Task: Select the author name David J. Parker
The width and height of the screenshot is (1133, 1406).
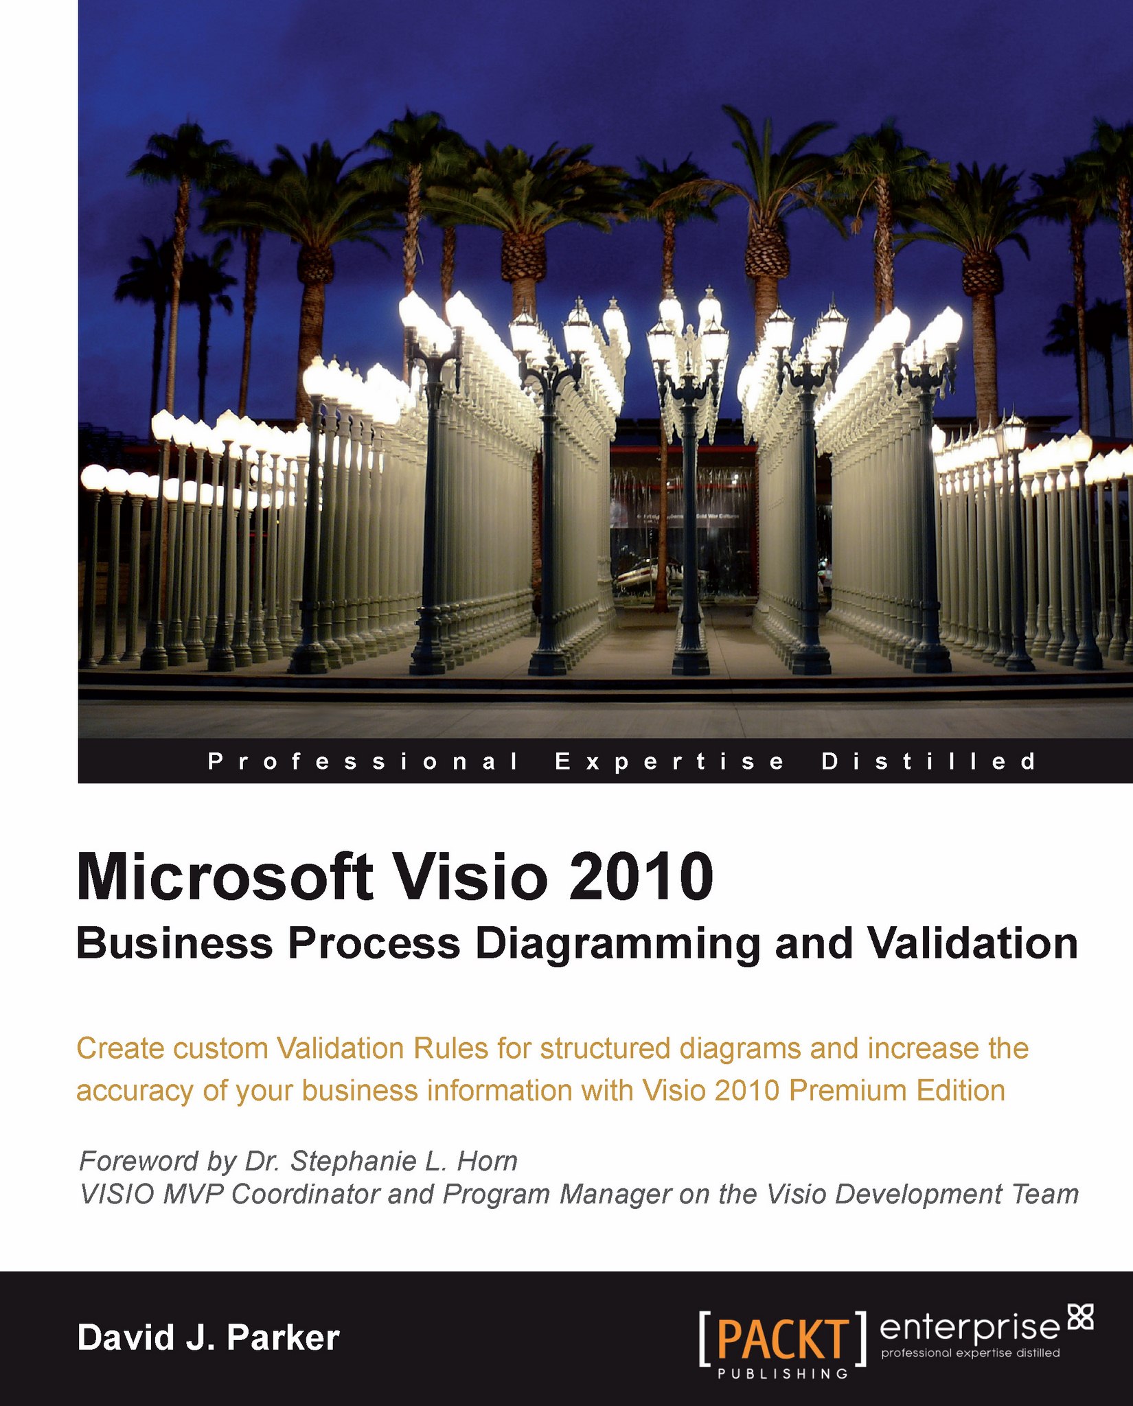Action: tap(209, 1338)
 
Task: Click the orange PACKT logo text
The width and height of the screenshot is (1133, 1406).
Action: tap(783, 1338)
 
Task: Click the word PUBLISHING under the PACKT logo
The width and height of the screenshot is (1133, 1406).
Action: tap(783, 1374)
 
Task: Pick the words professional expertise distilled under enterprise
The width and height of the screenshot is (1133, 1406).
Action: tap(970, 1352)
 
